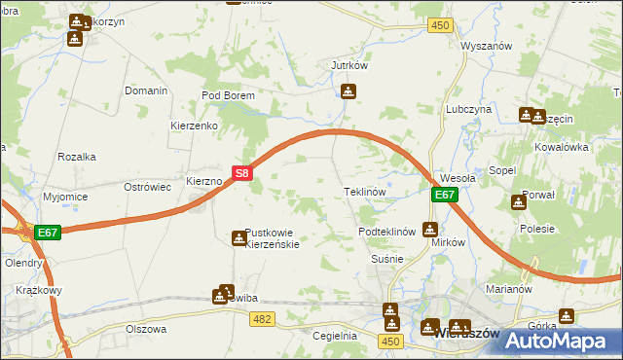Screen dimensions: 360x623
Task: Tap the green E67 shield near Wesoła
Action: [x=444, y=195]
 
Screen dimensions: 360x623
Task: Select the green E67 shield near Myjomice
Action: [x=49, y=233]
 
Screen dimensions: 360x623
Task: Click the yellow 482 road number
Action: [x=261, y=318]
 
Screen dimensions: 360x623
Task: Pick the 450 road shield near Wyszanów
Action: [x=440, y=25]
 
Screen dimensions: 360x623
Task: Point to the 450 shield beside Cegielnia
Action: [x=391, y=341]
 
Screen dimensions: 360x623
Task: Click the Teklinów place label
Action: [x=365, y=193]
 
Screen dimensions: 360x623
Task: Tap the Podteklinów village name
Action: [x=387, y=232]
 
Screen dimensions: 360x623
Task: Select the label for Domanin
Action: [x=146, y=90]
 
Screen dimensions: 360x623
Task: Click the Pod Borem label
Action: [x=227, y=96]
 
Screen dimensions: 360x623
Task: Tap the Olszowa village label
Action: [x=146, y=329]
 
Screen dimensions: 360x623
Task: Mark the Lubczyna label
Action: [x=468, y=110]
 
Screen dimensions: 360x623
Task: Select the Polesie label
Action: [x=536, y=229]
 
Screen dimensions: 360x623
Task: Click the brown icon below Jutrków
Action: [x=348, y=92]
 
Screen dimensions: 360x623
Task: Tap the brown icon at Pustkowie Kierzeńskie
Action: [x=238, y=238]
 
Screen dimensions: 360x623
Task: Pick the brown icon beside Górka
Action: [x=567, y=315]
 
